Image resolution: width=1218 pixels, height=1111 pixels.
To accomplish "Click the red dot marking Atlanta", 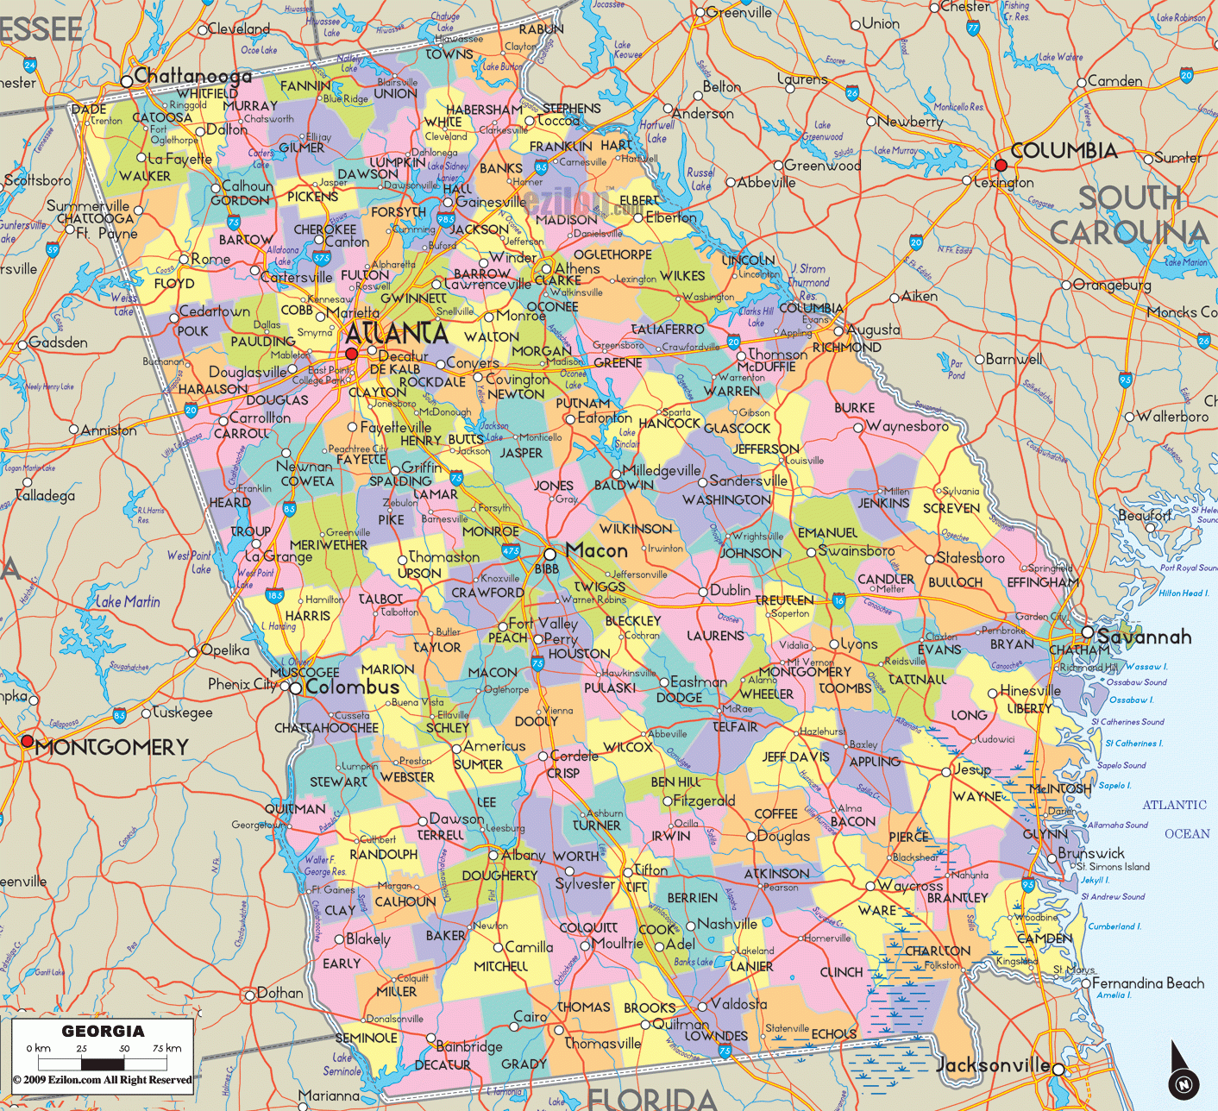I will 351,354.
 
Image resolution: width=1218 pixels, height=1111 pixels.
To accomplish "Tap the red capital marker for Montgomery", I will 28,741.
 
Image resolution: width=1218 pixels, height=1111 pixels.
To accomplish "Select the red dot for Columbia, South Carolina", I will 1001,165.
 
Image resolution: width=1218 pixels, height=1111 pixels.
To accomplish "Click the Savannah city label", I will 1145,637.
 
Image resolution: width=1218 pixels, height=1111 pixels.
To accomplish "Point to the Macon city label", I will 597,550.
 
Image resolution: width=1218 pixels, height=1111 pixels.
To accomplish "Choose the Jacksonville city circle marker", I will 1058,1070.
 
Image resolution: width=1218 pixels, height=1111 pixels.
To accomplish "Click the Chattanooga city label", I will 192,76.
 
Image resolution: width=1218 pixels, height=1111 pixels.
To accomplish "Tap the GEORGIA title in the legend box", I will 103,1031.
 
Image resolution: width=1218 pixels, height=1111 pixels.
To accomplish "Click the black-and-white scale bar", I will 103,1063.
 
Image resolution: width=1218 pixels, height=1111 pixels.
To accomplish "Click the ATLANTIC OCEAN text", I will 1175,819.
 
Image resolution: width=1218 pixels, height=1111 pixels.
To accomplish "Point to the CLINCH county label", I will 841,972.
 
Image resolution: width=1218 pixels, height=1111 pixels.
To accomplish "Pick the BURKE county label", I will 854,407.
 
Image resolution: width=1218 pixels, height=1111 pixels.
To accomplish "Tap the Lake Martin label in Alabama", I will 128,601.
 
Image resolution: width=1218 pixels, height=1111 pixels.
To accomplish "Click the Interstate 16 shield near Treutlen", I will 838,601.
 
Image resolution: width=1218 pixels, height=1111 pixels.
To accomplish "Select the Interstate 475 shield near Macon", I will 511,550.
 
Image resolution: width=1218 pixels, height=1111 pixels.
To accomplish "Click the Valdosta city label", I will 738,1004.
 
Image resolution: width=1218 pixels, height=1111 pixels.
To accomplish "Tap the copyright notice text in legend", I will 103,1080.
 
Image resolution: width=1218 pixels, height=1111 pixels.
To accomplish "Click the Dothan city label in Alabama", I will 280,993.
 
